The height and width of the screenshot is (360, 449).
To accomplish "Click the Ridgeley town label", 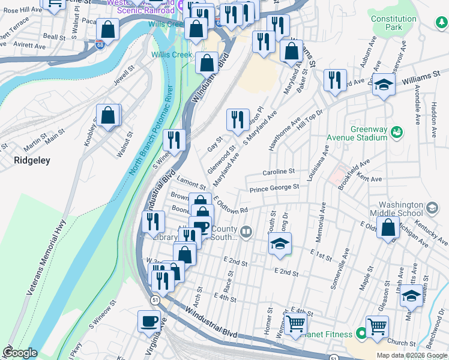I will [32, 160].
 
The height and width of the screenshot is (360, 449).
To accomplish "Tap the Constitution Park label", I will [393, 23].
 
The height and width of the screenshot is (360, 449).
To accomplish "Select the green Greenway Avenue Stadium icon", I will [396, 131].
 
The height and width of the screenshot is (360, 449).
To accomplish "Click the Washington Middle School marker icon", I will [431, 208].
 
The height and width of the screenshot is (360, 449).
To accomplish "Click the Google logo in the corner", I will [20, 353].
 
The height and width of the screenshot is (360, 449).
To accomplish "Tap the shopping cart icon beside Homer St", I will [296, 325].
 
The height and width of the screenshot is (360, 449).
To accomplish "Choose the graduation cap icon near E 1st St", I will [280, 244].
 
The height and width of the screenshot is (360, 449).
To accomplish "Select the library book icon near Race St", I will [246, 232].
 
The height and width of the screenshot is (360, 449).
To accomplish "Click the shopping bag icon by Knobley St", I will [107, 115].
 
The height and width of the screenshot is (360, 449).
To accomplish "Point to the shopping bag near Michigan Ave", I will [388, 227].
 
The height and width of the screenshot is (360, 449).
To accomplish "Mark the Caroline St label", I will [278, 172].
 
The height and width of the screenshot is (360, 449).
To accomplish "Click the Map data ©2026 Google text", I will [412, 355].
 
